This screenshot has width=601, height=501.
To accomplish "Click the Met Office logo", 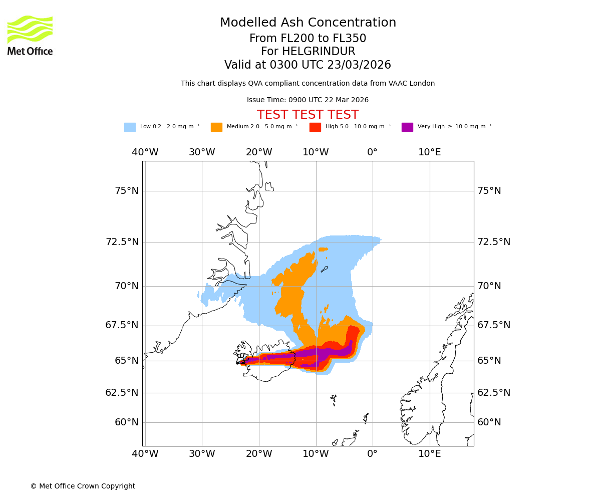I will [30, 35].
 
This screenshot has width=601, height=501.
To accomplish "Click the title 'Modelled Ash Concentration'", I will [308, 23].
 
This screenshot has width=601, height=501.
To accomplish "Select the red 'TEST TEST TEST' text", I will [308, 115].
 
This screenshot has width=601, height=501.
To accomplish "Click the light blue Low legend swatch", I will [130, 127].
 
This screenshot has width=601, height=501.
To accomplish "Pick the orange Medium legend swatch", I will [216, 127].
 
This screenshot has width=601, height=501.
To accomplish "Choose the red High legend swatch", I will [315, 127].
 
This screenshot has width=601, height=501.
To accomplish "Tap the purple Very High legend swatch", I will [407, 127].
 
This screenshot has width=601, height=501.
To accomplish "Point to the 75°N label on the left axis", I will [126, 191].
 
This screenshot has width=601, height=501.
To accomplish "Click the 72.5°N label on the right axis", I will [493, 242].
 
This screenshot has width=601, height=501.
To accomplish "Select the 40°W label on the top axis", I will [145, 152].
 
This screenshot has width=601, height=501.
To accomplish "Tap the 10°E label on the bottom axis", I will [430, 454].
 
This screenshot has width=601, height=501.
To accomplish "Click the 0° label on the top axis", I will [372, 152].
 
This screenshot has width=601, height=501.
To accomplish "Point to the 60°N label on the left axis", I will [126, 422].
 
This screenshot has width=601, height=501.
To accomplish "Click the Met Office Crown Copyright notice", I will [83, 486].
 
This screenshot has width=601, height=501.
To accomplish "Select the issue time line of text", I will [308, 100].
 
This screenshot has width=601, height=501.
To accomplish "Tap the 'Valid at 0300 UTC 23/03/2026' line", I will [308, 65].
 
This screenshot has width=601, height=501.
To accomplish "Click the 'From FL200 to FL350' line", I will [308, 39].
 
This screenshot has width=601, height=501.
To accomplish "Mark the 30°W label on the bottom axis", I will [202, 454].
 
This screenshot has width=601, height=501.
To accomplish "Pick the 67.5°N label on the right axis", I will [493, 325].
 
